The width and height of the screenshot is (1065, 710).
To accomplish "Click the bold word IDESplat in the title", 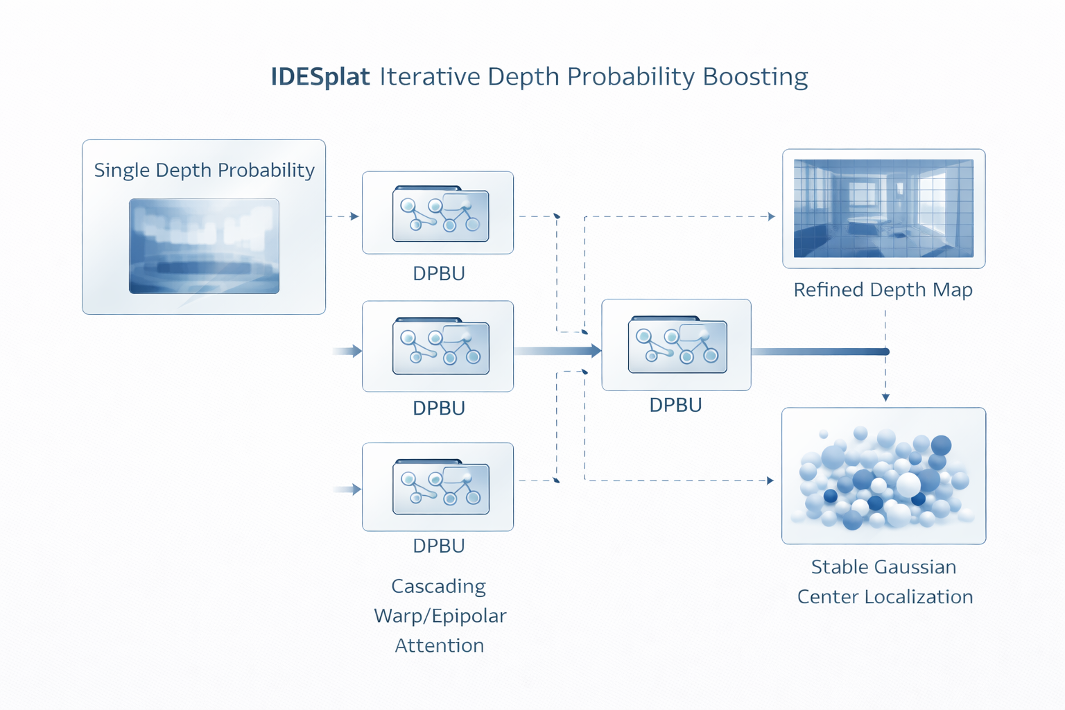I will click(x=320, y=76).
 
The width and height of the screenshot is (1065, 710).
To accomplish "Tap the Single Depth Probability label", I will click(x=204, y=170).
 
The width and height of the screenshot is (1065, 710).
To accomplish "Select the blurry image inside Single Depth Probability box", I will click(x=204, y=246).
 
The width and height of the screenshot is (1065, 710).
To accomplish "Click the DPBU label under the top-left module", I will click(x=438, y=273).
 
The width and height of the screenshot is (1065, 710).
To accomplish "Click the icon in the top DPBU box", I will click(x=440, y=214).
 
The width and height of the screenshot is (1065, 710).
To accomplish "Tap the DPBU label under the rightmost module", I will click(x=675, y=405).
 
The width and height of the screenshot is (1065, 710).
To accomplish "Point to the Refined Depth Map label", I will click(x=883, y=289).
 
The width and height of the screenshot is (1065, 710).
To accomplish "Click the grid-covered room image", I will click(x=883, y=208).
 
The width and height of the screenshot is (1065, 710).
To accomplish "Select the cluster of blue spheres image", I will click(x=883, y=477).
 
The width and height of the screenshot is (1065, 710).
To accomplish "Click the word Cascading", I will click(x=438, y=587).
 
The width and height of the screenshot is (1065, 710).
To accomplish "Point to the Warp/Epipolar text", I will click(x=440, y=616).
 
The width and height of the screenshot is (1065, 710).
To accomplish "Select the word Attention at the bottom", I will click(x=440, y=646).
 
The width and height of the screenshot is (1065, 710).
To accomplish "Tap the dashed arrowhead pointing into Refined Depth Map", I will click(x=771, y=216).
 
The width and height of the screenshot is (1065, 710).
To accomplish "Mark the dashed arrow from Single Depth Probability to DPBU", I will click(x=343, y=216).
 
